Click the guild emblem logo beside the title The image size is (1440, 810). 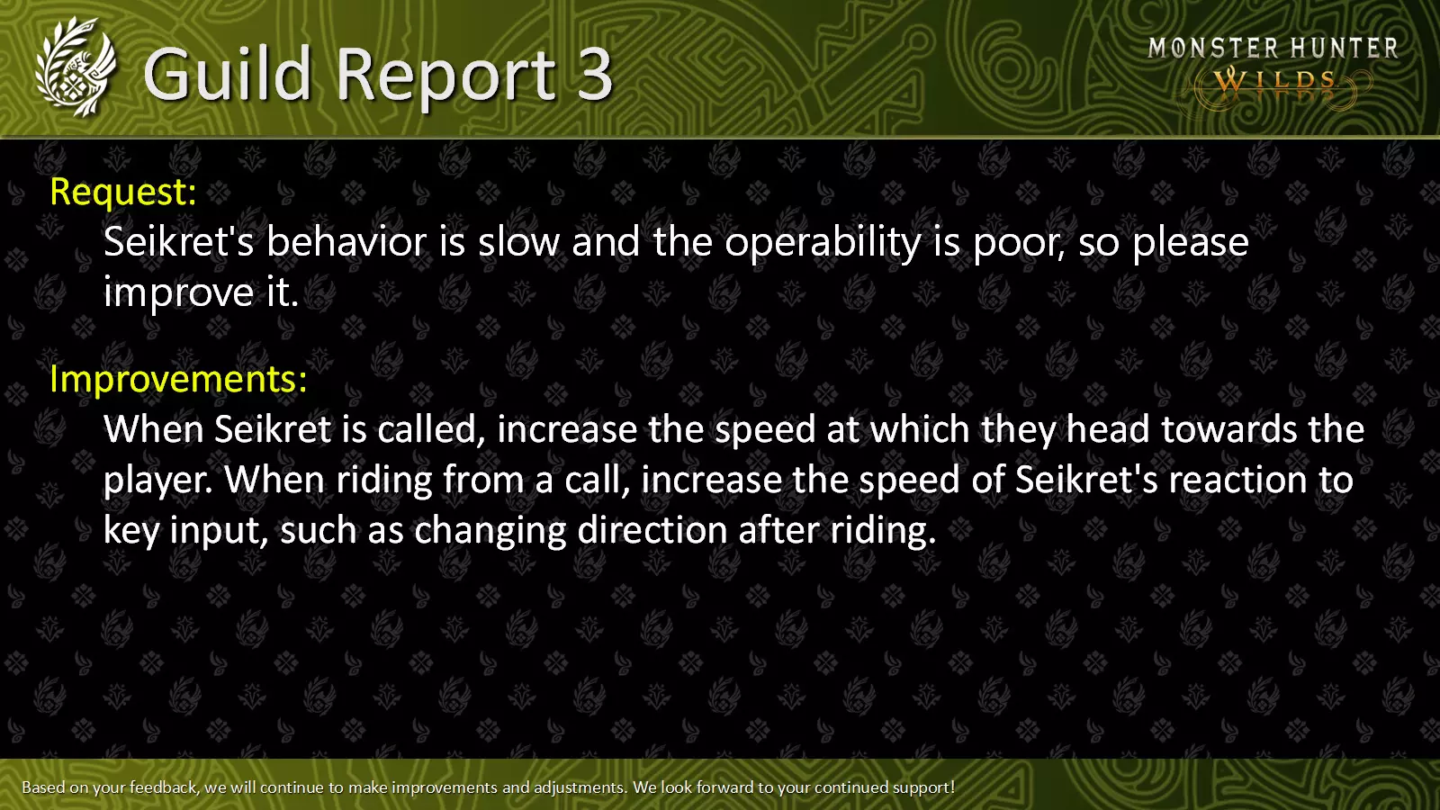click(x=76, y=67)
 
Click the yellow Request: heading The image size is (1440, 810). click(x=123, y=192)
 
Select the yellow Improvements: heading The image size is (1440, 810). click(x=179, y=379)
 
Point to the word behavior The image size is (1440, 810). click(x=346, y=242)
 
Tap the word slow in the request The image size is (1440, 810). click(x=518, y=242)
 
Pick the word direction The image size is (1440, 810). click(x=652, y=530)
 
